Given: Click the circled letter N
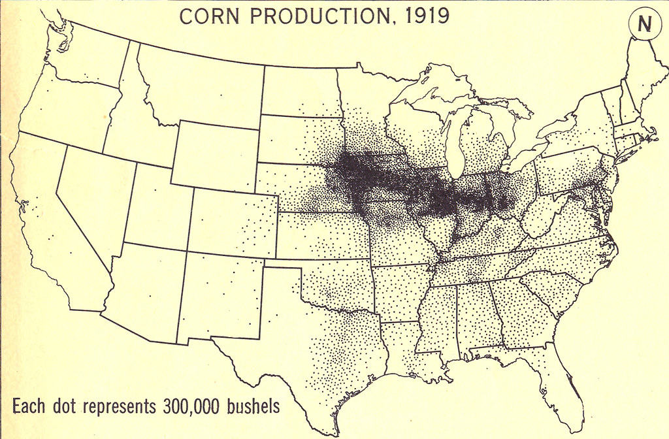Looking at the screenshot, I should (x=645, y=25).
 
